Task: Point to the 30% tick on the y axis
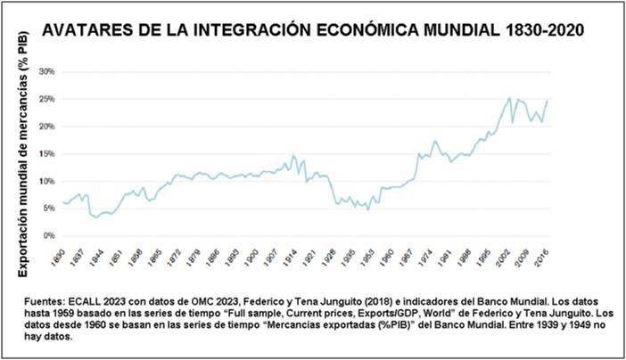[x=45, y=71]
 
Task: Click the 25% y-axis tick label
[x=45, y=99]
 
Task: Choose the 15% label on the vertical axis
[x=45, y=154]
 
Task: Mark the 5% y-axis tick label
[x=47, y=209]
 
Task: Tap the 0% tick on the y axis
[x=47, y=237]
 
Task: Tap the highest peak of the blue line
[x=509, y=98]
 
